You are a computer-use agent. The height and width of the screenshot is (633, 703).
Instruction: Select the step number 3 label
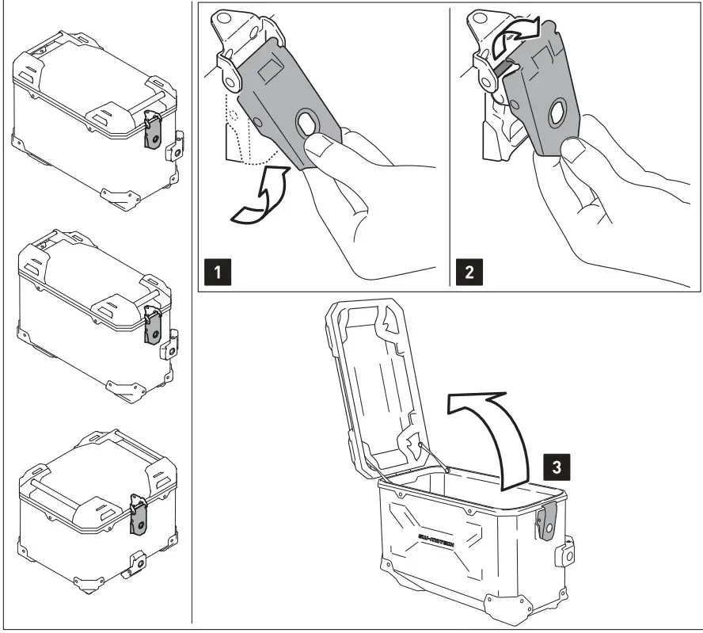(x=556, y=465)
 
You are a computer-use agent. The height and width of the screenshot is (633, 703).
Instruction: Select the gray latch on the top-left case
(x=153, y=133)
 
